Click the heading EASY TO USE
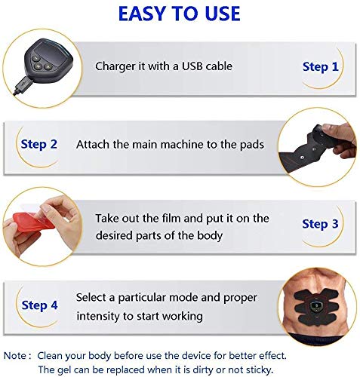tap(180, 14)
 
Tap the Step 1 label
tap(321, 67)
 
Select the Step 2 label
tap(39, 143)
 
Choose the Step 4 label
tap(39, 305)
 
